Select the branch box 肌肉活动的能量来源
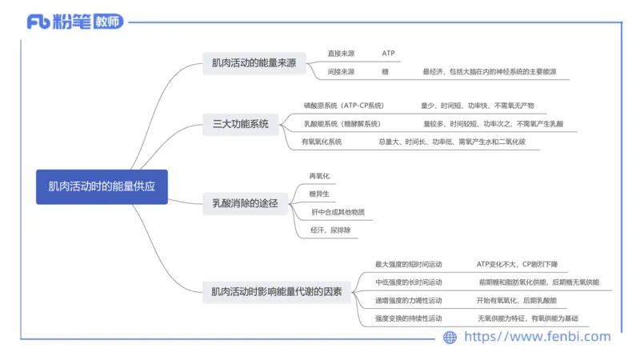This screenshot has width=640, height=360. pos(254,63)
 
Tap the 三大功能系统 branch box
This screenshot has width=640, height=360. pos(241,123)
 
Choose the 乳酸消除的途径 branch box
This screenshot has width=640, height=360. pos(244,203)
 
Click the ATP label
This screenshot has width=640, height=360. pos(388,54)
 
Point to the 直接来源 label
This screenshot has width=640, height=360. pos(341,54)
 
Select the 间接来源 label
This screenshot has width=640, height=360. pos(341,72)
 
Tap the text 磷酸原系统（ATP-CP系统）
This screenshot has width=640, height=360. pos(344,105)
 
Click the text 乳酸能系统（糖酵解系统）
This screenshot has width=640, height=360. pos(342,124)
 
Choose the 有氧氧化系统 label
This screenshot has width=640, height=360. pos(322,142)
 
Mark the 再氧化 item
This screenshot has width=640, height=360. pos(319,175)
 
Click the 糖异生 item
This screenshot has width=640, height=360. pos(319,194)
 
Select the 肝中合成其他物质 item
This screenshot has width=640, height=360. pos(338,212)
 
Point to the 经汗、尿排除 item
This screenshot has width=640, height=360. pos(330,230)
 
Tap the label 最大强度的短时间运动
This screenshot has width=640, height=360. pos(408,264)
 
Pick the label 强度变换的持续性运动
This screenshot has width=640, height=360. pos(408,318)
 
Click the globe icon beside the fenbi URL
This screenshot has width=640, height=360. pos(450,338)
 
